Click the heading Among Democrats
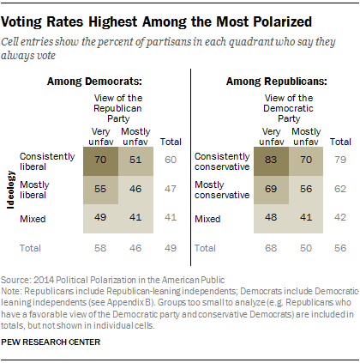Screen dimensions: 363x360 101,81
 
